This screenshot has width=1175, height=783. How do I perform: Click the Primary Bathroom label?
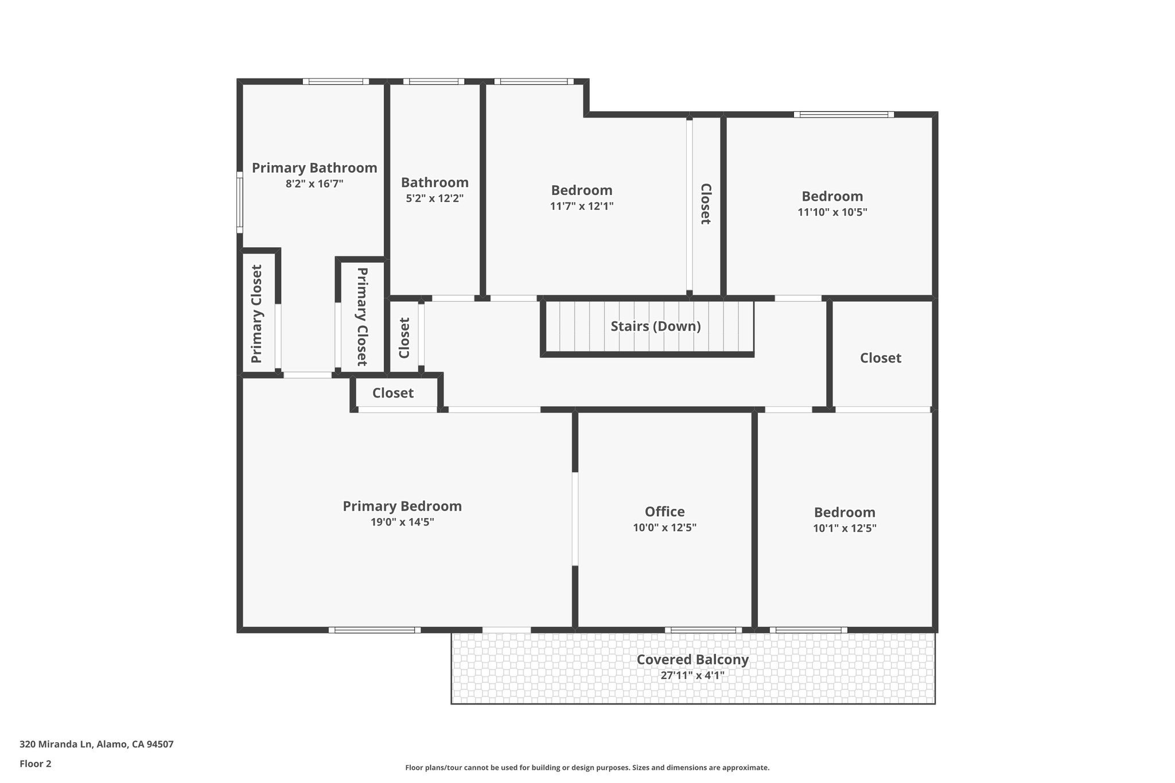click(314, 167)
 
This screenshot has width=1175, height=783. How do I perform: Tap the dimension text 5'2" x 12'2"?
click(434, 198)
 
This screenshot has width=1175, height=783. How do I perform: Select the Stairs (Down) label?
click(655, 326)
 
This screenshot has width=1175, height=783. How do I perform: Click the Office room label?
click(664, 511)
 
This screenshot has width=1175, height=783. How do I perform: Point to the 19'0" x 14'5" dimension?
click(402, 522)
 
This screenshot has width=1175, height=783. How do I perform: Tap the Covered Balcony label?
click(692, 660)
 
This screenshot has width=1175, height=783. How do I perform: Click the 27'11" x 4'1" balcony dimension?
click(692, 675)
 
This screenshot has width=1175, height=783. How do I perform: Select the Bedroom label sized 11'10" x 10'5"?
click(832, 196)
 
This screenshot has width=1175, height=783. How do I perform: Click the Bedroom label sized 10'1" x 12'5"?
click(845, 512)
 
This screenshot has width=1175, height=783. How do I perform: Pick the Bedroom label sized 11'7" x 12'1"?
click(581, 190)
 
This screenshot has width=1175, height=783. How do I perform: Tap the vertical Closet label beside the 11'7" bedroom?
click(705, 204)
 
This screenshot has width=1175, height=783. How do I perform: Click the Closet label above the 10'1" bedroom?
click(880, 358)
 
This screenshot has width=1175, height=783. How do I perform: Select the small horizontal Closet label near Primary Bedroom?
click(392, 393)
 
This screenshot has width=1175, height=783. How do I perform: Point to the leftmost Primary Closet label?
click(256, 313)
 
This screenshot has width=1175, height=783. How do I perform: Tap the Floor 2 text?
click(36, 763)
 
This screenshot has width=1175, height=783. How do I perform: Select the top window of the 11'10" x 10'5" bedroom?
click(843, 114)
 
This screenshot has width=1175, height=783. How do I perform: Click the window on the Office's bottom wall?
click(703, 629)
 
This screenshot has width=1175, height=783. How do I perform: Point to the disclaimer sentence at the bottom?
click(587, 768)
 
